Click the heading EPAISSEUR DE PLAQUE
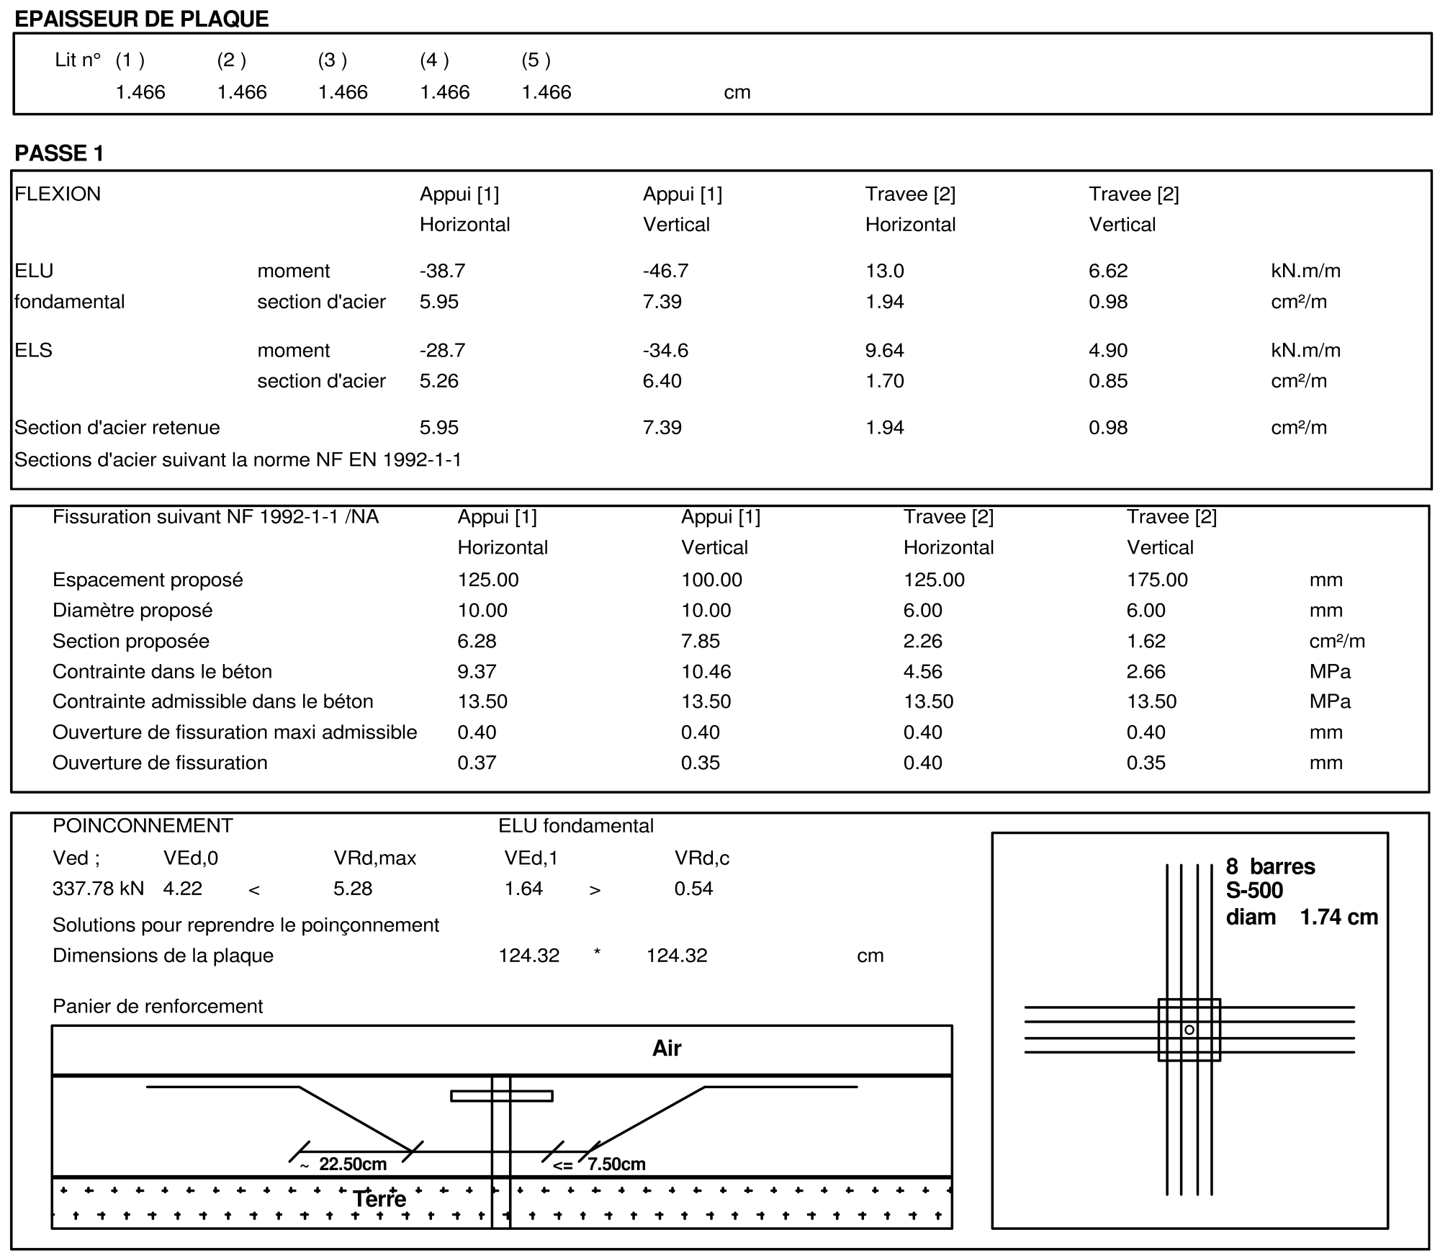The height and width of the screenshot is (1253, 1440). pyautogui.click(x=142, y=19)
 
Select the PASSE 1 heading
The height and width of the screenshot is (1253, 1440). pyautogui.click(x=60, y=153)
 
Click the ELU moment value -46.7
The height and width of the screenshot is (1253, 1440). pyautogui.click(x=665, y=271)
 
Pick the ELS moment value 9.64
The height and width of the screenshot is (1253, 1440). pyautogui.click(x=885, y=350)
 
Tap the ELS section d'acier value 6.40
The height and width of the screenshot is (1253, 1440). pyautogui.click(x=662, y=381)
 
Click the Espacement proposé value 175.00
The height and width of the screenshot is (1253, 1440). pyautogui.click(x=1157, y=580)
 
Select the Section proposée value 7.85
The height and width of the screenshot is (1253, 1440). pyautogui.click(x=701, y=641)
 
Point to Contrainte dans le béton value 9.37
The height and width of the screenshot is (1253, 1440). pyautogui.click(x=477, y=671)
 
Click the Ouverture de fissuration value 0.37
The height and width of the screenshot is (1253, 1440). pyautogui.click(x=477, y=763)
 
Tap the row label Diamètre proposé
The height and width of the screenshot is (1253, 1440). pyautogui.click(x=132, y=610)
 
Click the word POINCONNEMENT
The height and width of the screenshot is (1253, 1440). pyautogui.click(x=143, y=825)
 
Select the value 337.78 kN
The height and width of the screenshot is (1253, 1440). pyautogui.click(x=98, y=888)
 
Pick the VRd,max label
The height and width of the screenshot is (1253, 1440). pyautogui.click(x=374, y=858)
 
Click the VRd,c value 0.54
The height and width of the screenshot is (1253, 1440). pyautogui.click(x=693, y=888)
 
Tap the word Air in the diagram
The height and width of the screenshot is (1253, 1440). pyautogui.click(x=667, y=1048)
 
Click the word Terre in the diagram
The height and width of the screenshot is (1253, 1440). pyautogui.click(x=379, y=1199)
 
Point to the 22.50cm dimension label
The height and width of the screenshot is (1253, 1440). pyautogui.click(x=352, y=1164)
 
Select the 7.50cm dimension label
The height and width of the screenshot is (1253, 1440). pyautogui.click(x=616, y=1164)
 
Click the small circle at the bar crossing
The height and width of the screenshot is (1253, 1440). pyautogui.click(x=1189, y=1030)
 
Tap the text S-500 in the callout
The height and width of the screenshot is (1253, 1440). pyautogui.click(x=1254, y=891)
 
